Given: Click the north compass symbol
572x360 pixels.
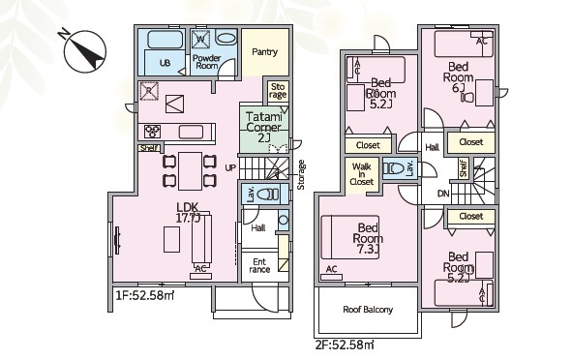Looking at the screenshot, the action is click(x=84, y=50).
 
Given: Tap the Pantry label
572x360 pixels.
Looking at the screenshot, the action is click(x=265, y=52).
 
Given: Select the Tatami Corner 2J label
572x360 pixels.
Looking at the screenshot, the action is click(x=264, y=128).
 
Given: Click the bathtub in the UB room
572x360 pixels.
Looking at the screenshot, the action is click(x=166, y=40).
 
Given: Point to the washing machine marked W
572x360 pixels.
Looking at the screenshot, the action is click(x=201, y=39).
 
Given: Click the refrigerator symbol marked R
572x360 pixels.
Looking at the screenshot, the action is click(x=149, y=91).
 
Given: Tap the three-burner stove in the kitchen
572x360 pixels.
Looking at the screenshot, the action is click(x=152, y=132).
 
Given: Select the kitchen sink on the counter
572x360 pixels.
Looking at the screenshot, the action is click(x=191, y=132).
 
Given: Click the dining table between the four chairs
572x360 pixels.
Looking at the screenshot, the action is click(x=190, y=171).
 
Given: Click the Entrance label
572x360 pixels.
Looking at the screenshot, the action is click(x=259, y=266).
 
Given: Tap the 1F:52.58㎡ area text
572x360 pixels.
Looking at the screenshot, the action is click(x=145, y=295).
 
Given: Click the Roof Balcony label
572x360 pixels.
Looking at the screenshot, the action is click(x=368, y=310).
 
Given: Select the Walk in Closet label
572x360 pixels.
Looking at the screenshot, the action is click(x=362, y=174).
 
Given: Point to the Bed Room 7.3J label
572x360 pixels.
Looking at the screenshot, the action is click(x=368, y=238).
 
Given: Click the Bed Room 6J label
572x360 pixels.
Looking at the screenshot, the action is click(x=458, y=77).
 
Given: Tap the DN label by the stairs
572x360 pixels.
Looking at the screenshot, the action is click(x=443, y=194).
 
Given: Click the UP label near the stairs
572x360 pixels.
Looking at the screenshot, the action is click(x=230, y=167).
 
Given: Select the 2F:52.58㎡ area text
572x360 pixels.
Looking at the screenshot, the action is click(x=345, y=345).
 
